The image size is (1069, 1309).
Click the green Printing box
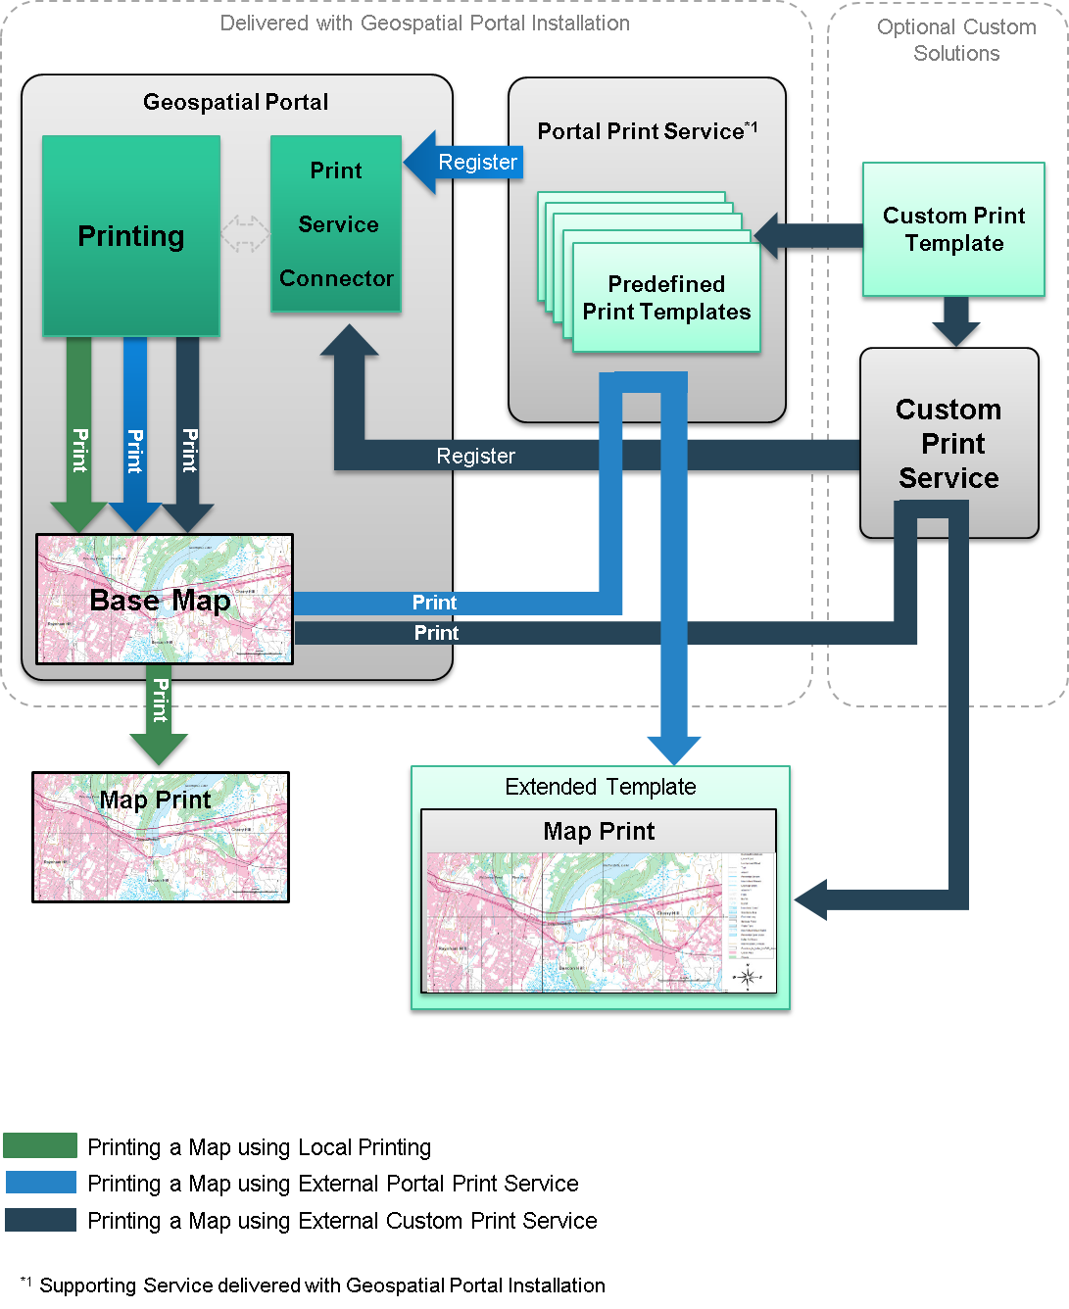[131, 236]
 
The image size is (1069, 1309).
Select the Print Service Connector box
[336, 224]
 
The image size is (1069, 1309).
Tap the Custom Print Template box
[953, 229]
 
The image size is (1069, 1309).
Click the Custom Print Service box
[948, 443]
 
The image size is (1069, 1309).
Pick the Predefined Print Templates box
[666, 298]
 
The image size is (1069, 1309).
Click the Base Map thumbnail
[165, 599]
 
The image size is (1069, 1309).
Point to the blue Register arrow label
[477, 162]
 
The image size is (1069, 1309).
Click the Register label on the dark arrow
[475, 456]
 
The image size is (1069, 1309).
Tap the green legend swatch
[40, 1145]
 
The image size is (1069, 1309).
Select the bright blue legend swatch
[40, 1182]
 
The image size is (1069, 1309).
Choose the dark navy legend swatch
[40, 1220]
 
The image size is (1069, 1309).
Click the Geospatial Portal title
[235, 102]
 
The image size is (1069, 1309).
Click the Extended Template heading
[600, 787]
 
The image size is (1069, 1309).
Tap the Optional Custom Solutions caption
[956, 40]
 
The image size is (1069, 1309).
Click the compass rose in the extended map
[748, 976]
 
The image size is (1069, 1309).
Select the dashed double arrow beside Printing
[245, 234]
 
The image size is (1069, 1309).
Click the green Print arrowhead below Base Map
[159, 749]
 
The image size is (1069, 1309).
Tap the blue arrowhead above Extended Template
[674, 751]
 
